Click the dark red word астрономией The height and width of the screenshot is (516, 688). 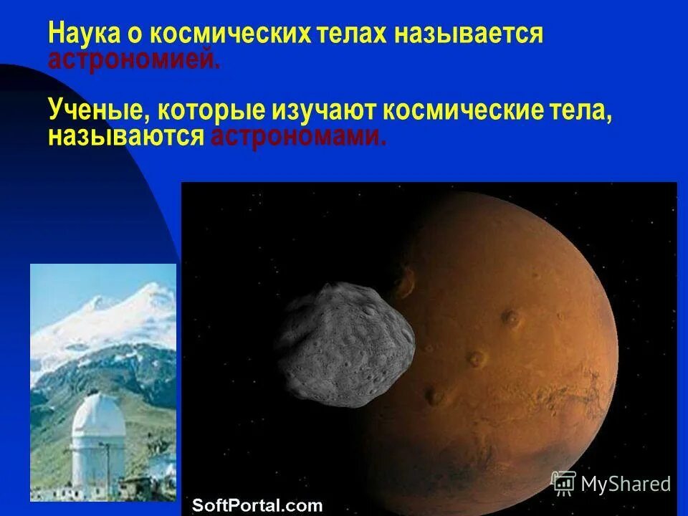click(x=134, y=59)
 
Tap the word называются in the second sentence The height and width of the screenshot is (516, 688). click(x=126, y=135)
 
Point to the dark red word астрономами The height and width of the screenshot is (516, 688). click(x=298, y=135)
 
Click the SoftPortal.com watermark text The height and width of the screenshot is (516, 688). click(x=257, y=505)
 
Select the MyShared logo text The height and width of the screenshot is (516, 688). click(x=626, y=484)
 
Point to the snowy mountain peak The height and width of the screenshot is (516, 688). click(x=150, y=295)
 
